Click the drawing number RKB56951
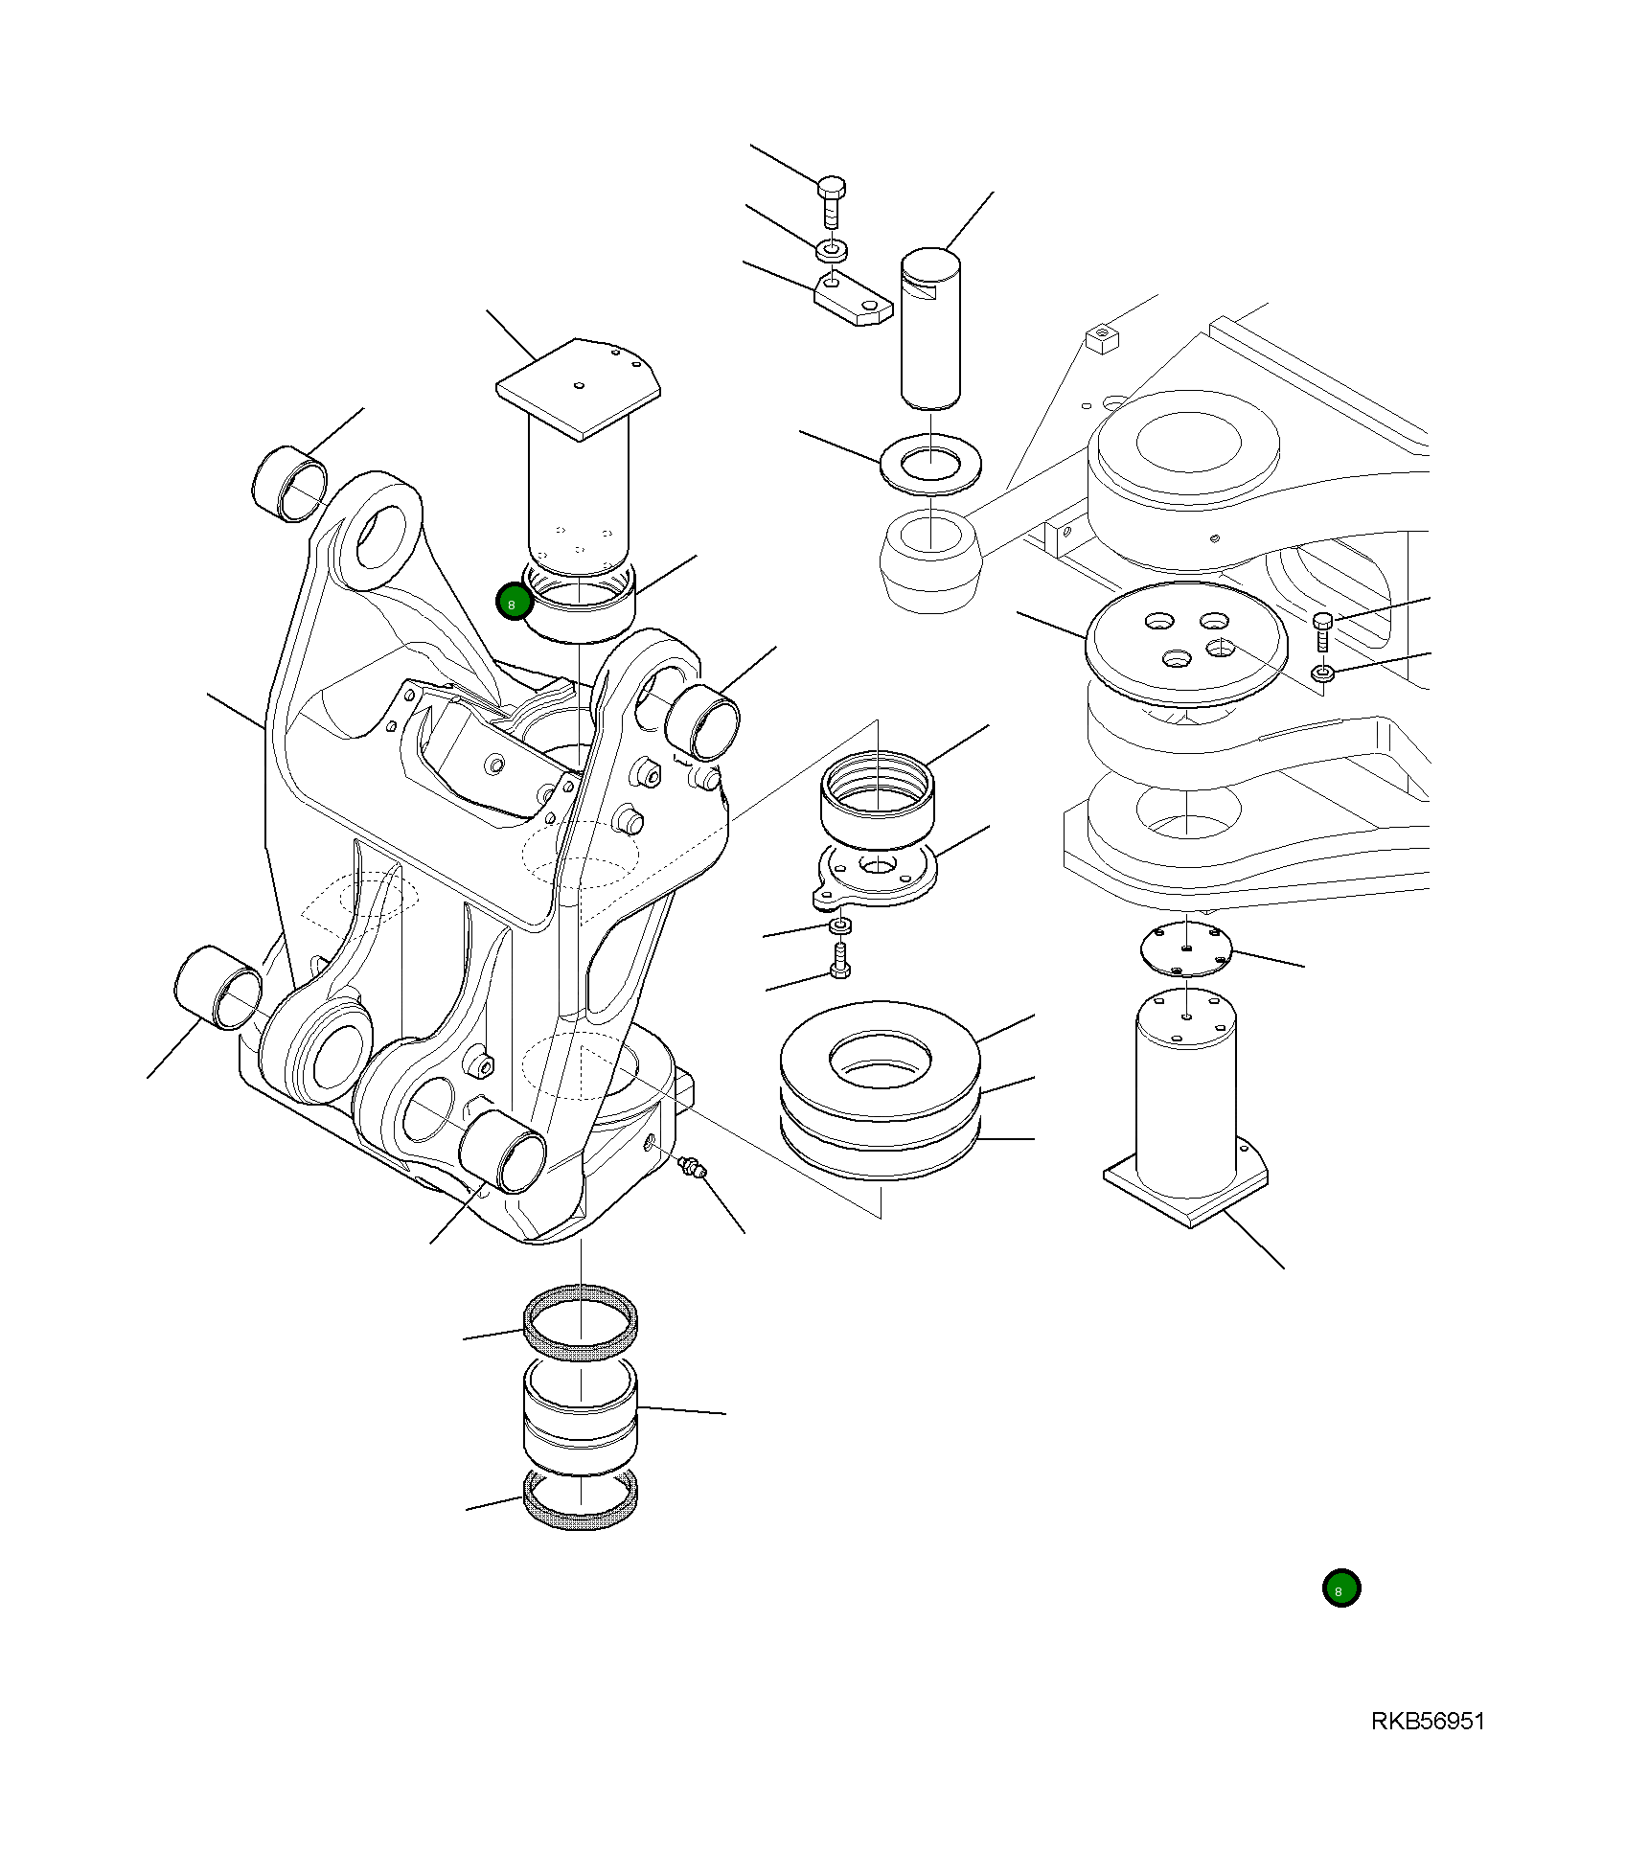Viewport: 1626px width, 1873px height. click(x=1427, y=1722)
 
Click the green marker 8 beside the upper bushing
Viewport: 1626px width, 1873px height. click(x=514, y=604)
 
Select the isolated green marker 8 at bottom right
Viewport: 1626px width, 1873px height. click(x=1340, y=1588)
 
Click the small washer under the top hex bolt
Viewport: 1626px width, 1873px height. click(x=832, y=251)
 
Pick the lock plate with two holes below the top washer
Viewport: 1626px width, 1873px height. click(x=852, y=299)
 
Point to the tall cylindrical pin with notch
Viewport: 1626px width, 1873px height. click(x=929, y=326)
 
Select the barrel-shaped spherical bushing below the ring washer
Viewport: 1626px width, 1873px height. click(x=929, y=560)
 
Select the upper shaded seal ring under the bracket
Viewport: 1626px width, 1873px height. click(x=580, y=1322)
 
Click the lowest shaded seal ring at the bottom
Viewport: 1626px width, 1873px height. click(x=580, y=1500)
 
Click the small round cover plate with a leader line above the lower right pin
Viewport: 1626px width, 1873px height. click(x=1186, y=950)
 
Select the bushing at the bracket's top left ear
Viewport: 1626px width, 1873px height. click(x=289, y=484)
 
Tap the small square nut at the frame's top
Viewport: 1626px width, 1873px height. click(x=1103, y=339)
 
